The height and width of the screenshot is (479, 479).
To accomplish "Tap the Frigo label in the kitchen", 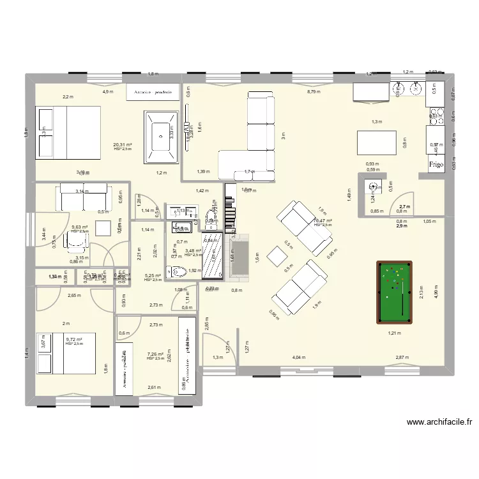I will pyautogui.click(x=436, y=164).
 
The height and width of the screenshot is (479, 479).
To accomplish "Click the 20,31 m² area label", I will pyautogui.click(x=123, y=145).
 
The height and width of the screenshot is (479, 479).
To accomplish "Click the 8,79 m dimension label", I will pyautogui.click(x=313, y=92).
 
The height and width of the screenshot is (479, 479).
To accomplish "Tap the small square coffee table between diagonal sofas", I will pyautogui.click(x=277, y=257).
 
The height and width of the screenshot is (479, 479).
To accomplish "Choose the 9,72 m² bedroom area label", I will pyautogui.click(x=74, y=340).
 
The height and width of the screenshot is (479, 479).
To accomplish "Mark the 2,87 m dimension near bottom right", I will pyautogui.click(x=401, y=358).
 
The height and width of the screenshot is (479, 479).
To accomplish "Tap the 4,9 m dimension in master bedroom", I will pyautogui.click(x=108, y=92).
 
